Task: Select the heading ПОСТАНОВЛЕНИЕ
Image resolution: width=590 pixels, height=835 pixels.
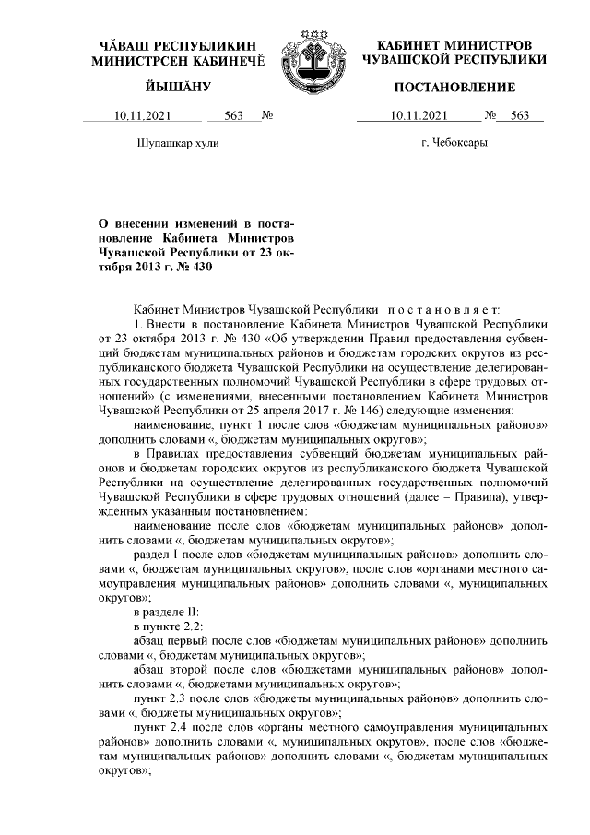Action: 454,88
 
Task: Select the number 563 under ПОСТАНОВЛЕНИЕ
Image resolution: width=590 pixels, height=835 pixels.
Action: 519,116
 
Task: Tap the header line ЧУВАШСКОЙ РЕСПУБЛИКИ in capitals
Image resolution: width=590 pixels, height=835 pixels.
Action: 454,59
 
